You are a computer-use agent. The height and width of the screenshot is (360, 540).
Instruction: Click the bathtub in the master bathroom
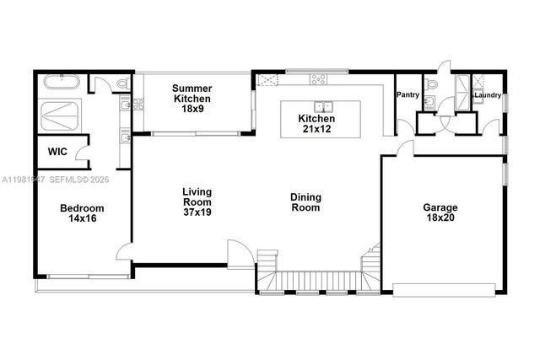point(59,83)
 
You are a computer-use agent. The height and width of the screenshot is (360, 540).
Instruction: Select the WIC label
point(57,153)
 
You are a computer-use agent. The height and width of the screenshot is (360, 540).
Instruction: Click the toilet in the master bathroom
point(122,83)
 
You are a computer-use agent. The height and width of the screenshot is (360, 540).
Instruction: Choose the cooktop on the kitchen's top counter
point(319,80)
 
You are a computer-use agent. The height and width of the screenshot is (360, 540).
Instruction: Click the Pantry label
point(408,95)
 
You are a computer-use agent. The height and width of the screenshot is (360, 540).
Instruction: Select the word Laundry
point(487,95)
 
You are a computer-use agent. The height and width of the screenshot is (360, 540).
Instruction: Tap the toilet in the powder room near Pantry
point(432,83)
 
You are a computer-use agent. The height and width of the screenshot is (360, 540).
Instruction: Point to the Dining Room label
point(305,202)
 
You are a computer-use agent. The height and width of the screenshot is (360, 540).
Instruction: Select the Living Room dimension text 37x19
point(197,212)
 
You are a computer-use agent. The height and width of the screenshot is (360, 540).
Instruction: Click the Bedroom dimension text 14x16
point(81,218)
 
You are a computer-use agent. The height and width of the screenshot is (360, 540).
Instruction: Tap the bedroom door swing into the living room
point(124,252)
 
